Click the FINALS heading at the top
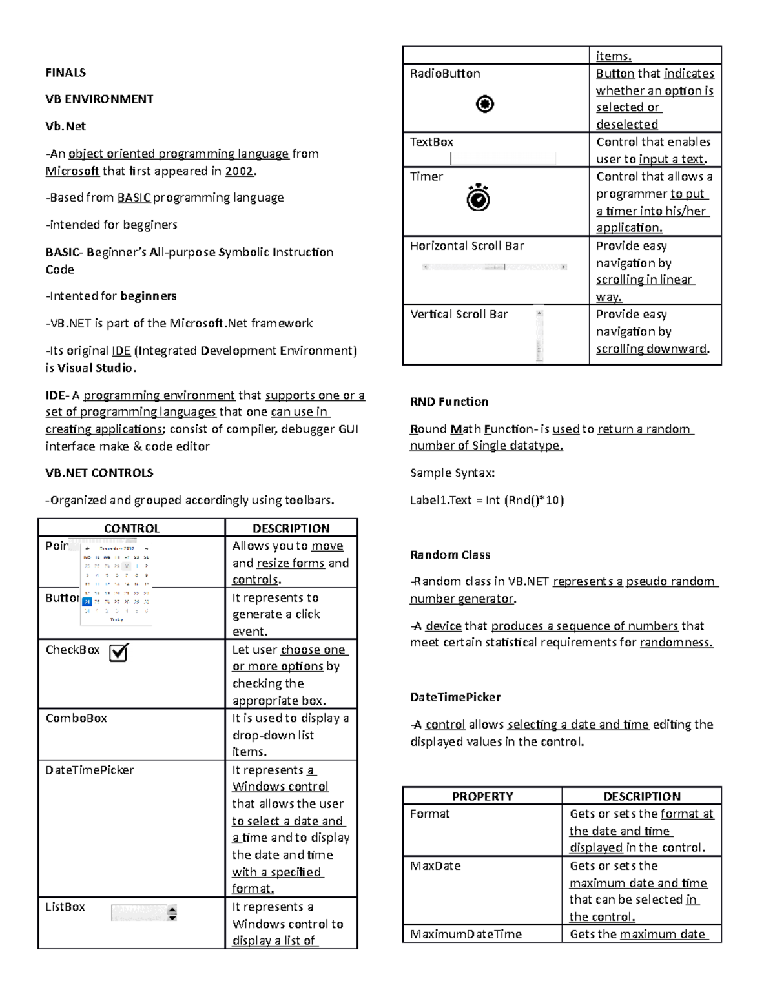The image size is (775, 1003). click(65, 72)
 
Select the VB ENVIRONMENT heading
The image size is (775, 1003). click(99, 99)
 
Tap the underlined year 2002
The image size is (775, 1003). click(240, 171)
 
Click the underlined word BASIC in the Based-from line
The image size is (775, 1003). click(134, 198)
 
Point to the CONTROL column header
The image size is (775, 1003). click(132, 528)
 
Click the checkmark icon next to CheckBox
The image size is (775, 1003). click(119, 652)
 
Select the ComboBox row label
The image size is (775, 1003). click(76, 718)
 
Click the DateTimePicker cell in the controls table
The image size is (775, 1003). click(90, 770)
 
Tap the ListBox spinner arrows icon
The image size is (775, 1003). click(172, 913)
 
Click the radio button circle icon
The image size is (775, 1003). click(485, 103)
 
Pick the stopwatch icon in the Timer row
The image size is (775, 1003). click(479, 198)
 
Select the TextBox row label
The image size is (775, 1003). click(431, 142)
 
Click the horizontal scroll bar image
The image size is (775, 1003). click(495, 267)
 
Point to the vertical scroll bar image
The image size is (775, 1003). click(539, 335)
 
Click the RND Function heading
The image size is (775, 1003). click(449, 402)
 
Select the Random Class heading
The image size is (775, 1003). click(449, 555)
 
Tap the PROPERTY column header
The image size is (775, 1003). click(482, 796)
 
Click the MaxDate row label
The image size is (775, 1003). click(435, 865)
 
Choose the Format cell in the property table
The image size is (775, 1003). click(429, 814)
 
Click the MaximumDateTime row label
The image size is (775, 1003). click(466, 934)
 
